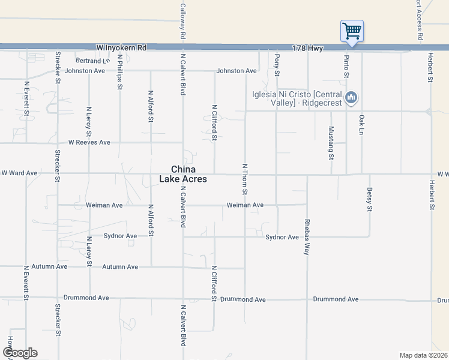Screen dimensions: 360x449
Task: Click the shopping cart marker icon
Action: pyautogui.click(x=352, y=30)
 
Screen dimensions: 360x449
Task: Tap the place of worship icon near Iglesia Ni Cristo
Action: pyautogui.click(x=352, y=97)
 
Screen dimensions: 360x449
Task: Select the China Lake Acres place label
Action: pyautogui.click(x=183, y=174)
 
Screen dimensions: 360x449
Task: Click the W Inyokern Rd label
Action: pyautogui.click(x=121, y=47)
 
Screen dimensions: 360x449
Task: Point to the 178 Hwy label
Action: pyautogui.click(x=308, y=47)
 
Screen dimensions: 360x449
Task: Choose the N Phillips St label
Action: pyautogui.click(x=120, y=72)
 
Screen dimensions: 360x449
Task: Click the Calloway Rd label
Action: pyautogui.click(x=182, y=22)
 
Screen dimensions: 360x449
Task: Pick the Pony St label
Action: pyautogui.click(x=277, y=64)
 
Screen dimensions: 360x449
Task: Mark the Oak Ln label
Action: pyautogui.click(x=361, y=124)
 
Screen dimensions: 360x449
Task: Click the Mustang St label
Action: pyautogui.click(x=331, y=143)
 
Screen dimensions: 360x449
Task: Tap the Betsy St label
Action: pyautogui.click(x=369, y=200)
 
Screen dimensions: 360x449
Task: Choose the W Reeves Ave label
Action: pyautogui.click(x=89, y=143)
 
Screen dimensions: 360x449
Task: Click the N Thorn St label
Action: pyautogui.click(x=245, y=178)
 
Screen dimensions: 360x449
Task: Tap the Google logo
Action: pyautogui.click(x=20, y=352)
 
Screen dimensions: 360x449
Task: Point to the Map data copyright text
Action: pyautogui.click(x=424, y=355)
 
